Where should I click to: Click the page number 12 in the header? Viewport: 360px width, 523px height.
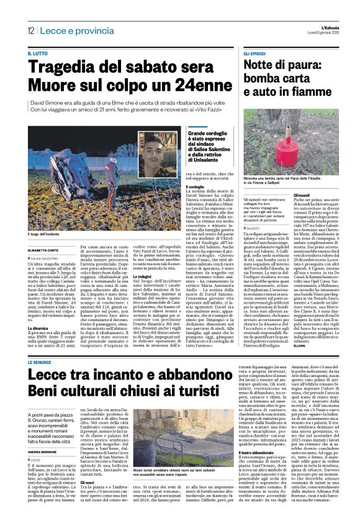click(30, 30)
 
